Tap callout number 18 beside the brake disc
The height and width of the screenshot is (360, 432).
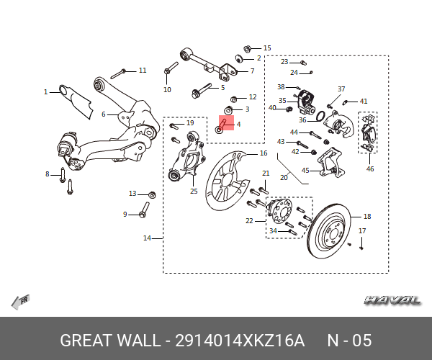tap(367, 217)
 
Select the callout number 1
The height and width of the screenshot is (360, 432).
tap(45, 91)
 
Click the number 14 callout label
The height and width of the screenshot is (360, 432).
tap(147, 238)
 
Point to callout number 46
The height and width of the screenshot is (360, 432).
tap(370, 169)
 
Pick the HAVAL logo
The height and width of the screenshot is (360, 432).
tap(392, 300)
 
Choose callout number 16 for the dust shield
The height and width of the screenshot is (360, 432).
tap(264, 153)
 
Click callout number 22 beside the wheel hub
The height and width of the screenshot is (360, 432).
tap(249, 221)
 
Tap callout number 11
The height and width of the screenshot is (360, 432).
tap(143, 71)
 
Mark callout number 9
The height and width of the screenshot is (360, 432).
tap(125, 214)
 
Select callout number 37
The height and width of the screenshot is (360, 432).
tap(341, 89)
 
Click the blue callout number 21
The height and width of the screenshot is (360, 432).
tap(266, 174)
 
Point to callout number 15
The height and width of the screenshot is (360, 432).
tap(267, 48)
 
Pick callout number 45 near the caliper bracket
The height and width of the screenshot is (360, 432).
tap(305, 171)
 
